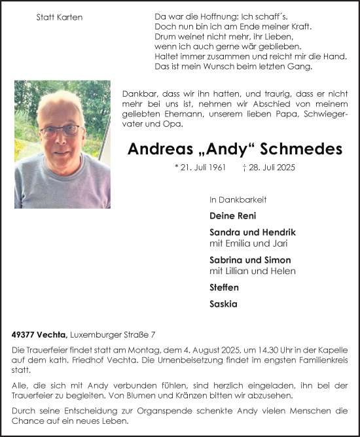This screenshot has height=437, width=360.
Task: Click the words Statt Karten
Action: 60,18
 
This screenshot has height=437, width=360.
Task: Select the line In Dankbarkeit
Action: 238,200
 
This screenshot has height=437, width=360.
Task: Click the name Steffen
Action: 224,287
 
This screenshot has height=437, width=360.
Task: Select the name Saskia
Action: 223,304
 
